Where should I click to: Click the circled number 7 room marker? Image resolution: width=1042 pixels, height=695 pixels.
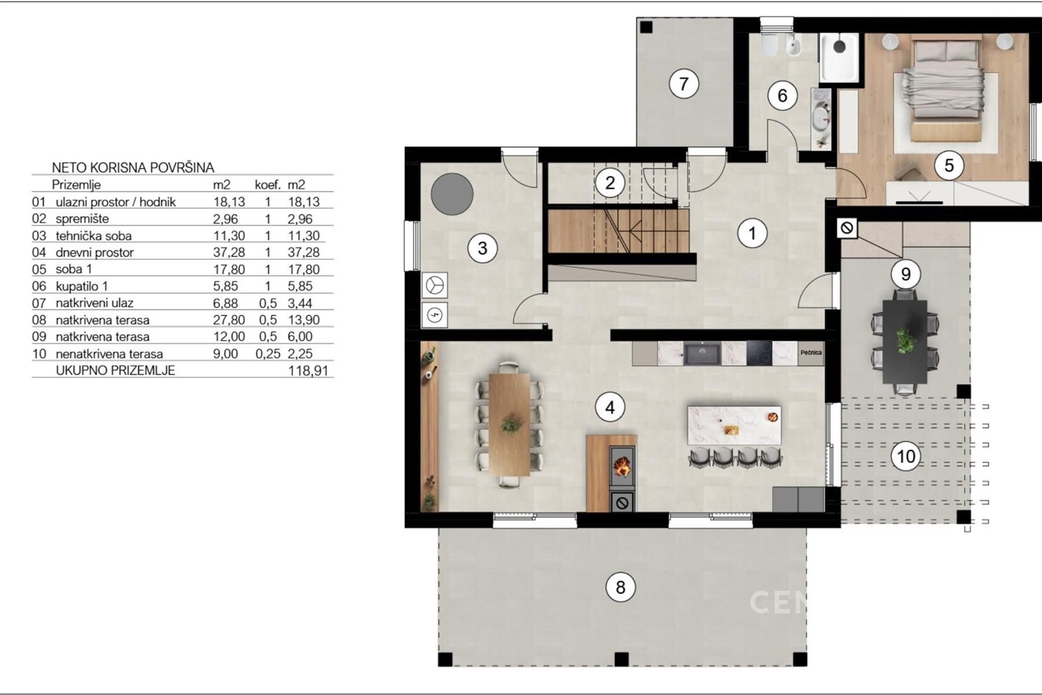coord(683,84)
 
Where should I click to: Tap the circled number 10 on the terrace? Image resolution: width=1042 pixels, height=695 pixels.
coord(906,457)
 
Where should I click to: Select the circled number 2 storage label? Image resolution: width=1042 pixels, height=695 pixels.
coord(610,182)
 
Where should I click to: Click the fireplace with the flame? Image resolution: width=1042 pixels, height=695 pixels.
coord(622,468)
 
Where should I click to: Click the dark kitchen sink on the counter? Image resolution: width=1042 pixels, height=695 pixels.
coord(703,354)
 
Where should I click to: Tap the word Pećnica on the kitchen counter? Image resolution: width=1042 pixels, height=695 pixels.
coord(811,352)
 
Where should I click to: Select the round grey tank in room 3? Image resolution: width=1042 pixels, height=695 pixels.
coord(452,194)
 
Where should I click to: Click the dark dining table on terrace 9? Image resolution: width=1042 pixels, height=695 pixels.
coord(905,342)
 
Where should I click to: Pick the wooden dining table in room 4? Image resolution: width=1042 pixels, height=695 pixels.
coord(509,424)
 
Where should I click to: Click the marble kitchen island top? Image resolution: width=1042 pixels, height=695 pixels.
coord(734,425)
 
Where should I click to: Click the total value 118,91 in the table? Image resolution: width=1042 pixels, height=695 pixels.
coord(308,371)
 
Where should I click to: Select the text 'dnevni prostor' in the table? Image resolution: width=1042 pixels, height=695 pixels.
coord(94,252)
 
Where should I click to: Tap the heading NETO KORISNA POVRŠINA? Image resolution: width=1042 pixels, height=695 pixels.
coord(133,167)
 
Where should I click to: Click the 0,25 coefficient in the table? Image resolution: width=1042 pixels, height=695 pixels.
coord(268,354)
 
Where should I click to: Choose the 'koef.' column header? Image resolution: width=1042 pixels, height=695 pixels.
coord(268,185)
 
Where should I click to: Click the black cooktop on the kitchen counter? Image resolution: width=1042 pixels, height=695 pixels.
coord(759,354)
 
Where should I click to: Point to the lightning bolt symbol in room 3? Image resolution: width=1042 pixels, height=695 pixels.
coord(435,315)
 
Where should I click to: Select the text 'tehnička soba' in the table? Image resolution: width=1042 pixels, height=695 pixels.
coord(94,236)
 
